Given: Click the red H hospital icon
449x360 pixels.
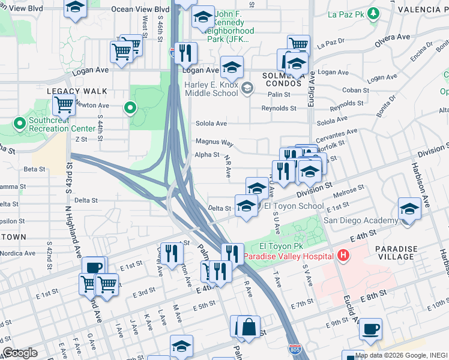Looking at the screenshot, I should pyautogui.click(x=343, y=256).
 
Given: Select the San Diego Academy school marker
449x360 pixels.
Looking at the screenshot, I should pyautogui.click(x=409, y=210).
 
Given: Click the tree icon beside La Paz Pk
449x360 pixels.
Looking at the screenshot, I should pyautogui.click(x=373, y=13).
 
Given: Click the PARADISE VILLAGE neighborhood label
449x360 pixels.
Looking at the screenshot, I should pyautogui.click(x=396, y=253).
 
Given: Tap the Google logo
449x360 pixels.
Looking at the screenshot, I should pyautogui.click(x=20, y=353).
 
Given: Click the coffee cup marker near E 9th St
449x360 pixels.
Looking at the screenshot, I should pyautogui.click(x=371, y=329).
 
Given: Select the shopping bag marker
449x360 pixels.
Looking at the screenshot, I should pyautogui.click(x=249, y=327).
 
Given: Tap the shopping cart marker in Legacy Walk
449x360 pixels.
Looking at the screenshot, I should pyautogui.click(x=64, y=106).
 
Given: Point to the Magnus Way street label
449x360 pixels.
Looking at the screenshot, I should pyautogui.click(x=214, y=142).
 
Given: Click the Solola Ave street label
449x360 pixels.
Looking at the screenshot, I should pyautogui.click(x=212, y=124).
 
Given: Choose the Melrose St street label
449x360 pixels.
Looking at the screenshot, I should pyautogui.click(x=349, y=192).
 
